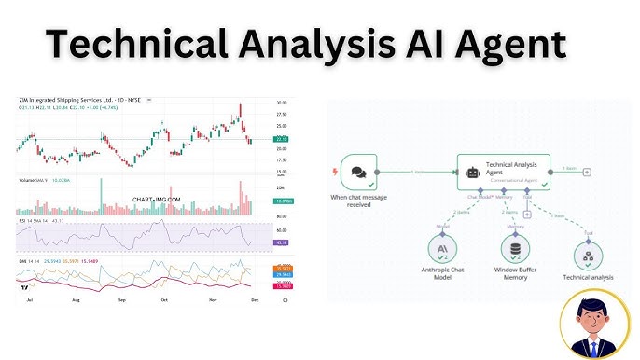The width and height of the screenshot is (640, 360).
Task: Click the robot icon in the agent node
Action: (473, 172)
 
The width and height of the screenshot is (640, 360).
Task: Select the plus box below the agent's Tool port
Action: (528, 214)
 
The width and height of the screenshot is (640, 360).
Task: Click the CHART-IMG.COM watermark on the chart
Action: (157, 200)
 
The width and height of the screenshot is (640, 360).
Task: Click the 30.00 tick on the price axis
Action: (281, 103)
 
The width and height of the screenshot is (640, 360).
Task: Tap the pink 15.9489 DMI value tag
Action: (281, 286)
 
